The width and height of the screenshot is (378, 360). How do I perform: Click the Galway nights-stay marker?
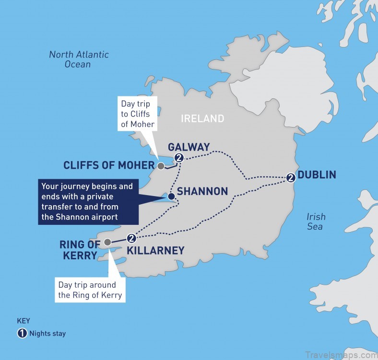pos(179,158)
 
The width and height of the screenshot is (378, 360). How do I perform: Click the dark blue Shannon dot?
pos(171,196)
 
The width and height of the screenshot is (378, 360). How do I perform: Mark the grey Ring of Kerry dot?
pos(108,242)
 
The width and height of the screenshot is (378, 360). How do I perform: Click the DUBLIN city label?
pos(317,174)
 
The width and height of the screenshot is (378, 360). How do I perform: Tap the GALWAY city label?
pos(189,147)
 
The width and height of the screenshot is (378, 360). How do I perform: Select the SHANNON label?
pos(202,192)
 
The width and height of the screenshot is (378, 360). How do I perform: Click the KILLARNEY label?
pos(155,250)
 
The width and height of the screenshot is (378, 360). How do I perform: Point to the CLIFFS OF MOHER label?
pos(109,165)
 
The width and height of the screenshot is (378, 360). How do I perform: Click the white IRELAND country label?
pos(202,118)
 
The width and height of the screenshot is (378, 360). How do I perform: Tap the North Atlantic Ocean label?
pos(79,59)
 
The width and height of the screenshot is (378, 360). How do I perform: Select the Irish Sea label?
pos(316,221)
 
